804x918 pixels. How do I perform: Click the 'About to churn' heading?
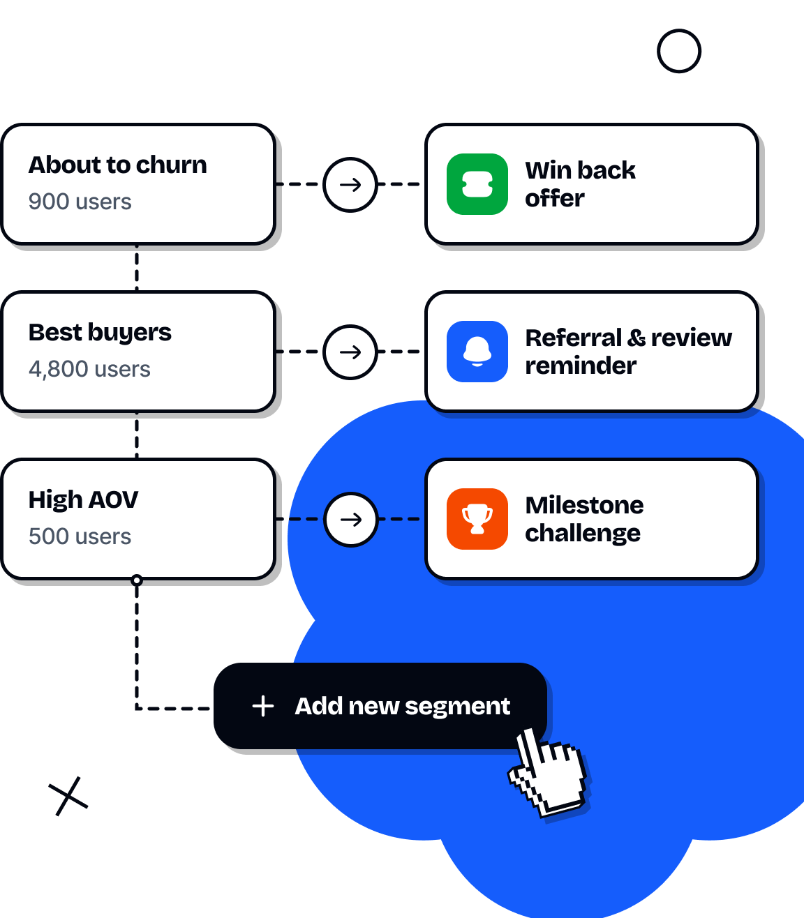pos(118,165)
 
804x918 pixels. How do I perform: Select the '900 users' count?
pos(80,202)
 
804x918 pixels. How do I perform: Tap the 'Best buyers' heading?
pos(100,333)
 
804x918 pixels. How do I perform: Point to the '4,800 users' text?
pos(89,369)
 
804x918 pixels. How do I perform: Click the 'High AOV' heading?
pos(83,500)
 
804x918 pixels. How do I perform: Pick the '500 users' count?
pos(80,536)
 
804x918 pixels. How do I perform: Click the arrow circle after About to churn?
pos(350,185)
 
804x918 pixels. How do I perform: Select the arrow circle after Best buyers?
pos(350,352)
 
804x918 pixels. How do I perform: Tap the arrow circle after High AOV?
pos(350,520)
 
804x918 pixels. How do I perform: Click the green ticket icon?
pos(477,184)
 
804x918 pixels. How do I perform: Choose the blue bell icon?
pos(477,352)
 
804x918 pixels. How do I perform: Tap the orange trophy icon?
pos(477,519)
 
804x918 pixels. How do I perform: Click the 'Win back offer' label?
pos(580,184)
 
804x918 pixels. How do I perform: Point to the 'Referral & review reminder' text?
pos(628,352)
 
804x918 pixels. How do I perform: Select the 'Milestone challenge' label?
pos(584,519)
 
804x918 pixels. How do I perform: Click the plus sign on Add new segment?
pos(263,706)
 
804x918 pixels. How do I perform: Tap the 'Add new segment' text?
pos(402,706)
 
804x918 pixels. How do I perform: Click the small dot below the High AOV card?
pos(137,580)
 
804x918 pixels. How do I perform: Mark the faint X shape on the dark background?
pos(69,796)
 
